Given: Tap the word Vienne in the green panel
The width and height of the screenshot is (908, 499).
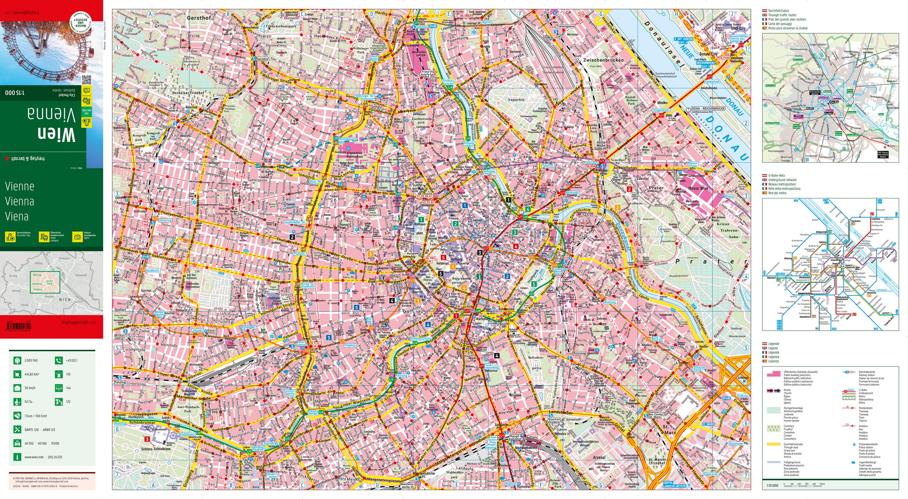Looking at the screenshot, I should [19, 186].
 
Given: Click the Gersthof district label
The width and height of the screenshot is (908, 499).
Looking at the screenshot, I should [199, 18].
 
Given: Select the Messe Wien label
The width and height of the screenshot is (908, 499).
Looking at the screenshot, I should [698, 188].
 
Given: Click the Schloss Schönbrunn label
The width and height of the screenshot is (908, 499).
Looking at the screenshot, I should [156, 449].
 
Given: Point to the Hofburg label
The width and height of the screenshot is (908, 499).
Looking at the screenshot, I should [456, 259].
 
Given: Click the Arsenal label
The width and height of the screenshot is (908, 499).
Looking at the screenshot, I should [599, 458].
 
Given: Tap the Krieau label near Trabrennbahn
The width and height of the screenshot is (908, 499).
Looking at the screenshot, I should [722, 224].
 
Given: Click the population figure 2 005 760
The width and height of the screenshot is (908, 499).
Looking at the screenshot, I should [31, 360].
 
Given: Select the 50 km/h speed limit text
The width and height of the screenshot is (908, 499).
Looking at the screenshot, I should [30, 388].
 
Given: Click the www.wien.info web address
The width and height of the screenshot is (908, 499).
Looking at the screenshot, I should [34, 457].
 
